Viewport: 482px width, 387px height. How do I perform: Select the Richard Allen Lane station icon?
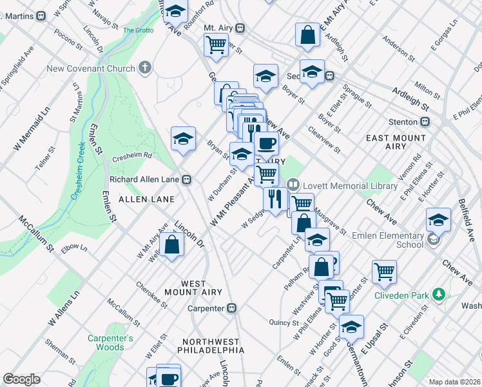click(186, 179)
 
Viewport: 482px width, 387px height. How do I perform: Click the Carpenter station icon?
click(232, 308)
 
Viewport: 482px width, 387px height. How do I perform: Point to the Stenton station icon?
click(425, 121)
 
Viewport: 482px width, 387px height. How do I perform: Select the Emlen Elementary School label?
click(387, 241)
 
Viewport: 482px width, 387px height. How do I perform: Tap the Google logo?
click(21, 379)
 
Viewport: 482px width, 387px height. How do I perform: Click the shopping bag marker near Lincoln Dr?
click(172, 245)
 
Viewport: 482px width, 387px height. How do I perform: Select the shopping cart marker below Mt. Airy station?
click(216, 45)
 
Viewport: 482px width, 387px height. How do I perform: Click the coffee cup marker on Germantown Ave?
click(265, 143)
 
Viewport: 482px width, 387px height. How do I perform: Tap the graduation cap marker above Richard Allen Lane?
click(183, 138)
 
